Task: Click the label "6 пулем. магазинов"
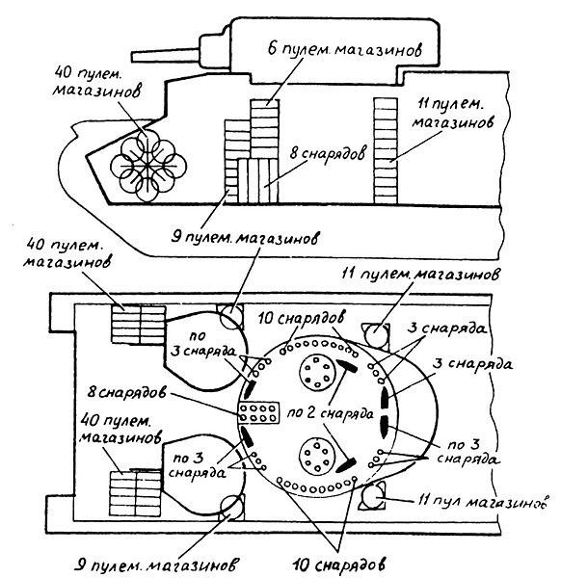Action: pos(345,49)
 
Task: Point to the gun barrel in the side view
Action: pos(166,55)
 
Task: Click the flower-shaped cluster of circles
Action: pos(147,166)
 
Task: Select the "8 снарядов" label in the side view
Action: pos(328,152)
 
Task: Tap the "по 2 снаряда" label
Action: pos(330,413)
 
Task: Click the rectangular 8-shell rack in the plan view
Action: pos(259,412)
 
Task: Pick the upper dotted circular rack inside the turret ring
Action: pos(317,372)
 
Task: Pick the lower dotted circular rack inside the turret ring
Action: pos(317,456)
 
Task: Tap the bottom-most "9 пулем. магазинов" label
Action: pos(157,565)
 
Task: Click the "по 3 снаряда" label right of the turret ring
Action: pos(468,453)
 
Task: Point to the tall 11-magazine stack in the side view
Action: pos(386,151)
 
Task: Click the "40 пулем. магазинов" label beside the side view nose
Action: pos(96,82)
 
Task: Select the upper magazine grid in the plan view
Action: pos(138,325)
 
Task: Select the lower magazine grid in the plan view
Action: pos(135,493)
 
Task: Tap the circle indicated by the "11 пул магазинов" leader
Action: pos(373,496)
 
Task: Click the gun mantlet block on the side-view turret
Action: pos(216,52)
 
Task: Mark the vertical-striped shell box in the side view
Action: pos(257,181)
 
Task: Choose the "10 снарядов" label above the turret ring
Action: pos(302,318)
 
